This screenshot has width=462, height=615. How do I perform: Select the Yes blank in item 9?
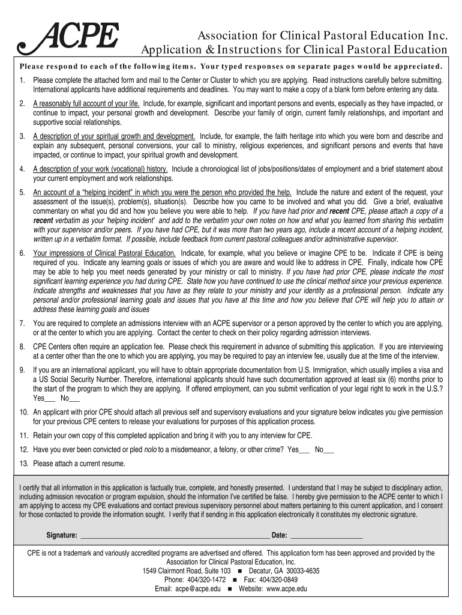pyautogui.click(x=50, y=398)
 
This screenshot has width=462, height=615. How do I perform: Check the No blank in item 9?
pyautogui.click(x=74, y=398)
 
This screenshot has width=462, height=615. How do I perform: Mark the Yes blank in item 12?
pyautogui.click(x=305, y=449)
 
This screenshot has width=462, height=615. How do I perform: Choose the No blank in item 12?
pyautogui.click(x=329, y=449)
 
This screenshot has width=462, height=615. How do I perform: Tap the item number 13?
pyautogui.click(x=23, y=464)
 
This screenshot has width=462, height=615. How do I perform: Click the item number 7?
pyautogui.click(x=22, y=323)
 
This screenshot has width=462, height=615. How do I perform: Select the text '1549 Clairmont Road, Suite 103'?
pyautogui.click(x=187, y=571)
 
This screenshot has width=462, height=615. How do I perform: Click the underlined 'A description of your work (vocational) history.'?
pyautogui.click(x=100, y=169)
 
